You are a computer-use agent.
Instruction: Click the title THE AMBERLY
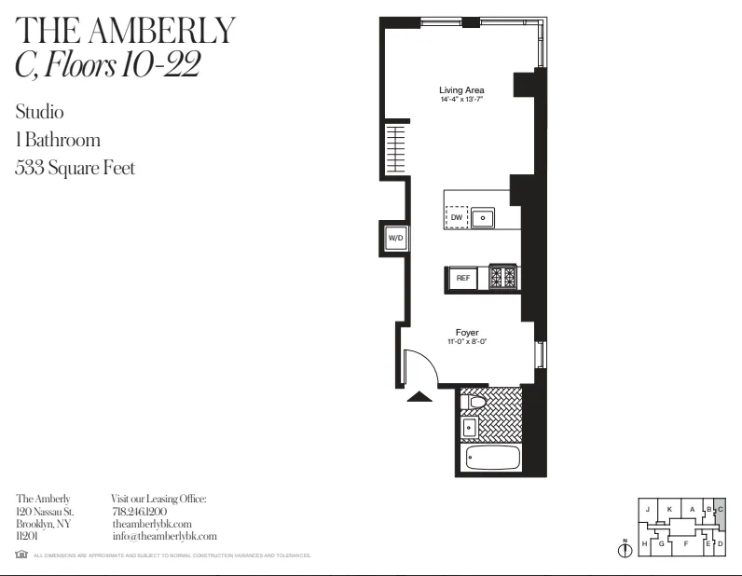[x=126, y=31]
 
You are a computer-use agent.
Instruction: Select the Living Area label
[x=461, y=90]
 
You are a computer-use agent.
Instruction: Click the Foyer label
[x=467, y=333]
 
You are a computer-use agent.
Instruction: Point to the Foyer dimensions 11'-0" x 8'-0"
[x=467, y=342]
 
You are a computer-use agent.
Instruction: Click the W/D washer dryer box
[x=395, y=239]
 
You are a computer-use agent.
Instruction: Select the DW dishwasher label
[x=457, y=217]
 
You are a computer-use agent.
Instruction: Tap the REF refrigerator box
[x=462, y=278]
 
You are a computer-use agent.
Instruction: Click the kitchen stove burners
[x=503, y=277]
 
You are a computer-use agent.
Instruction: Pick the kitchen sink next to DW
[x=483, y=218]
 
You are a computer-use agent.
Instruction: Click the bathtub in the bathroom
[x=491, y=459]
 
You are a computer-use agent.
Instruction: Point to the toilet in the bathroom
[x=475, y=402]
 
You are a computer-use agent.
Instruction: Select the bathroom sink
[x=470, y=428]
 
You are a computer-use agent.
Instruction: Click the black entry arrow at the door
[x=420, y=396]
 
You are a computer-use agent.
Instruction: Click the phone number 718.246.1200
[x=139, y=512]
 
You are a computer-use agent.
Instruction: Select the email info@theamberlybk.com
[x=163, y=536]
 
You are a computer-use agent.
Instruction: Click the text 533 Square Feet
[x=76, y=169]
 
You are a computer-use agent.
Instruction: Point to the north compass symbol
[x=625, y=549]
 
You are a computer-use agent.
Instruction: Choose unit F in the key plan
[x=685, y=542]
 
